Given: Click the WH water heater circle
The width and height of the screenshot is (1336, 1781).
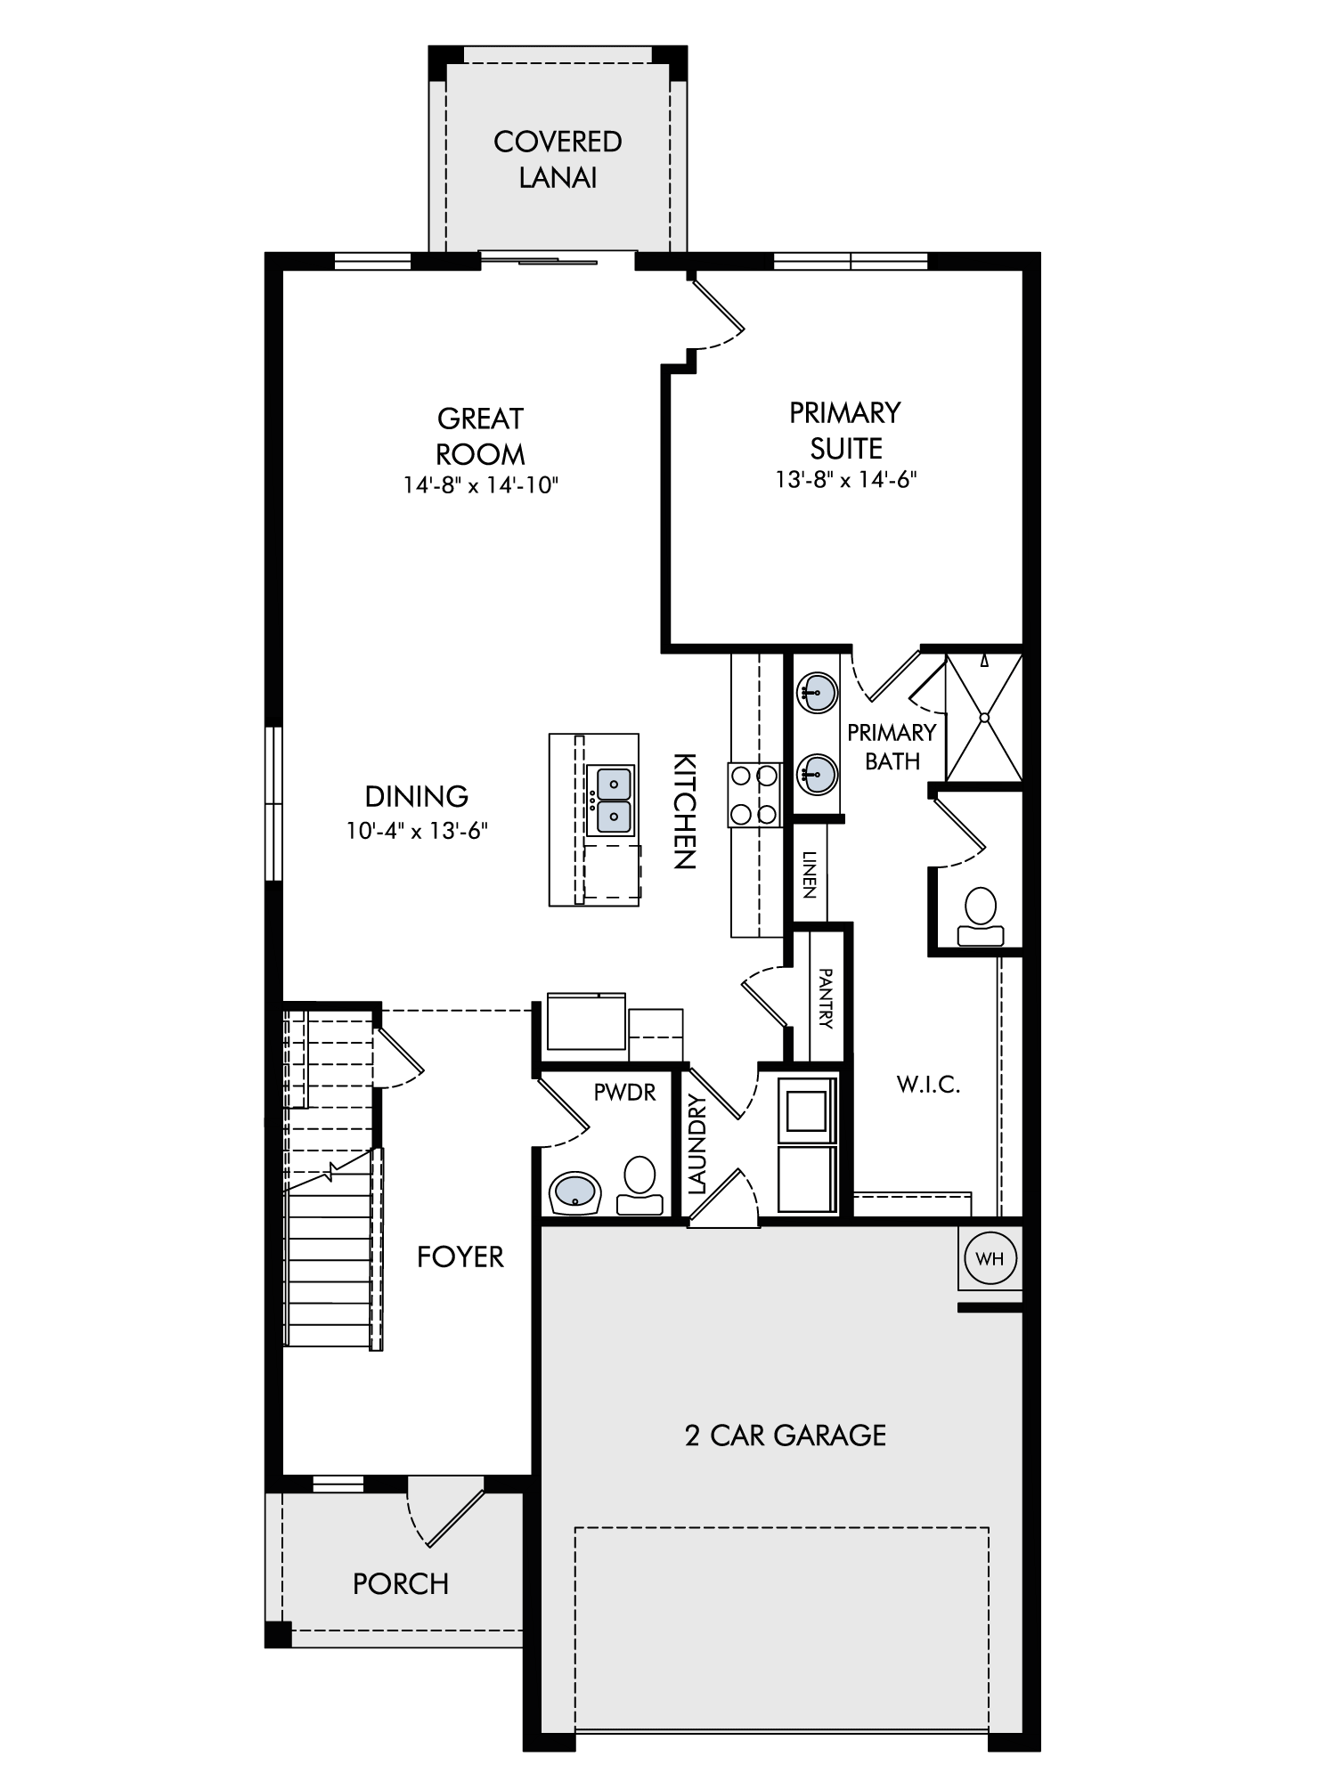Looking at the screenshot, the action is point(990,1258).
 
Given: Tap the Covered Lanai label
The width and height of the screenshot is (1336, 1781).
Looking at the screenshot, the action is point(558,159).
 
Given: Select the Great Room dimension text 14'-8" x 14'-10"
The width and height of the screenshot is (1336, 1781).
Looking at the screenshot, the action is point(480,485).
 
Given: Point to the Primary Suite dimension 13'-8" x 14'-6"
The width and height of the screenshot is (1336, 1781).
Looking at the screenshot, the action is point(846,480).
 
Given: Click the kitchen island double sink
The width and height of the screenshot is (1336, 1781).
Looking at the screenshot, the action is point(610,800).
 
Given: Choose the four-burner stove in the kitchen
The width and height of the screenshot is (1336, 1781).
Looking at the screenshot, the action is point(754,795).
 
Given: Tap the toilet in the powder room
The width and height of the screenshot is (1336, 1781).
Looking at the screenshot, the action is point(639,1186).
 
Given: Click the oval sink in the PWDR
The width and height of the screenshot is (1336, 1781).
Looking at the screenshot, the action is point(576,1192).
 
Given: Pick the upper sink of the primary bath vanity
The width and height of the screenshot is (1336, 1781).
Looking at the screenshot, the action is point(817,690).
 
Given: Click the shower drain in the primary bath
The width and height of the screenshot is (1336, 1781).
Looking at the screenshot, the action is point(984,717).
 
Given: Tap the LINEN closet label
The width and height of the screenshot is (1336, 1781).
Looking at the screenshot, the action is point(809,874).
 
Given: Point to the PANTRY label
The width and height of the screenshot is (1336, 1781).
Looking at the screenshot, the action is point(825,998).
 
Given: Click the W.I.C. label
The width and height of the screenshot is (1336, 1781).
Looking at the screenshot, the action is point(928,1085).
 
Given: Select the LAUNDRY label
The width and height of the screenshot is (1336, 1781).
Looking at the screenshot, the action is point(697,1143).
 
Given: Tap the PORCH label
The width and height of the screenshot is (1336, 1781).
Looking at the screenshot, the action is point(401,1584).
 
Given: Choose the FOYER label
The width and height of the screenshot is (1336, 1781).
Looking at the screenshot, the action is point(460,1256).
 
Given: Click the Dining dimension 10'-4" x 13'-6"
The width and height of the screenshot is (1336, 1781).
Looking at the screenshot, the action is point(418,832).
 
